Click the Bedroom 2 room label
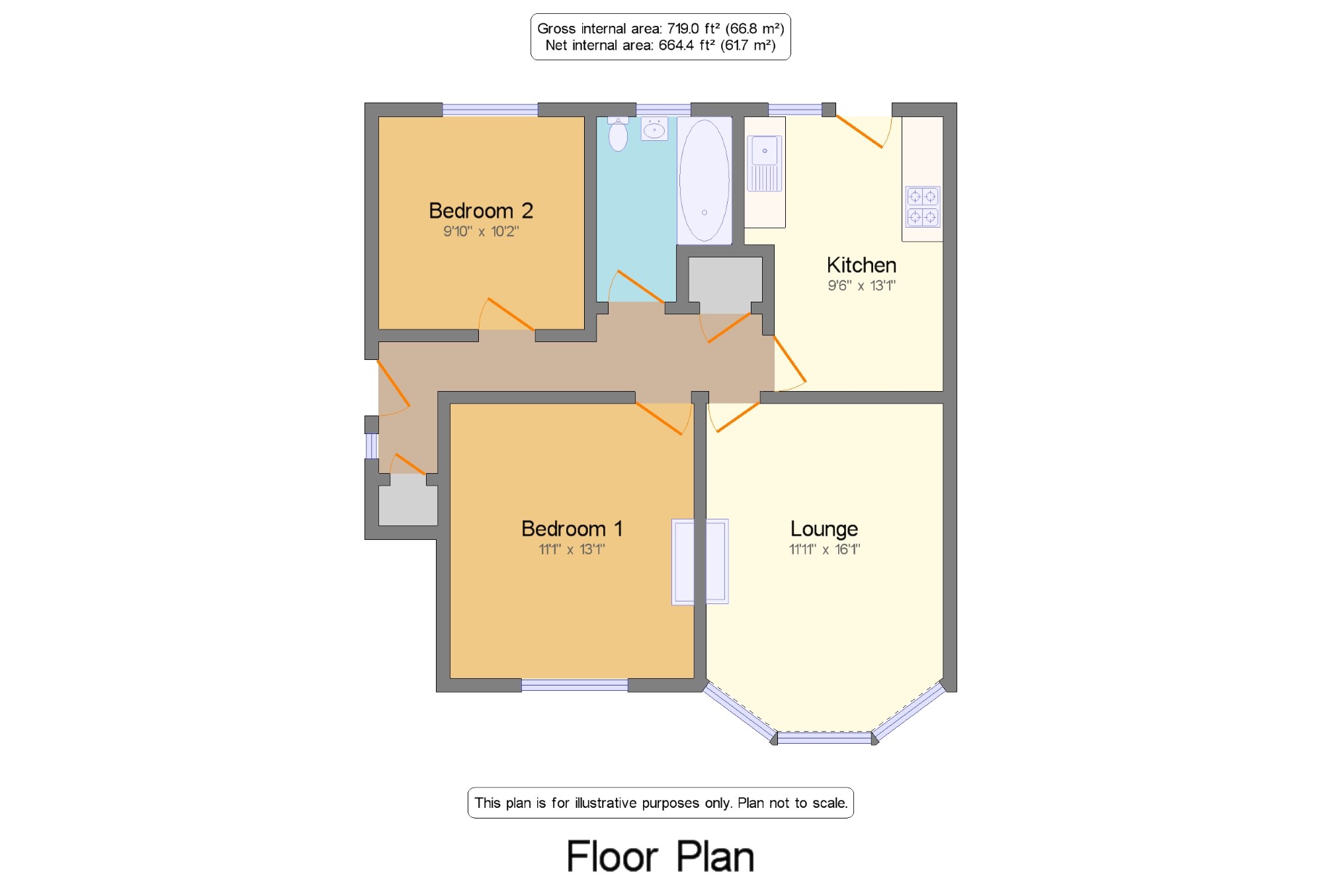[481, 210]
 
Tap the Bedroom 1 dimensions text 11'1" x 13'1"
[572, 549]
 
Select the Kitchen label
[861, 265]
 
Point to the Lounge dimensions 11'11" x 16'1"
[824, 549]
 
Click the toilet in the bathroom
[618, 134]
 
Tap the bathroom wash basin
[654, 129]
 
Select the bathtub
[704, 181]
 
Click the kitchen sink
[765, 163]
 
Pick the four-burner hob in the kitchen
[923, 206]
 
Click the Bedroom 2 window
[490, 110]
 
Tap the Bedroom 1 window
[574, 685]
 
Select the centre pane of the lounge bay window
[824, 738]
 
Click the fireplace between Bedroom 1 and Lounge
[700, 562]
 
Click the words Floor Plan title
[660, 857]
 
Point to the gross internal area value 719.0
[683, 28]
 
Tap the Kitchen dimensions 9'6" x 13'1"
[861, 286]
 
